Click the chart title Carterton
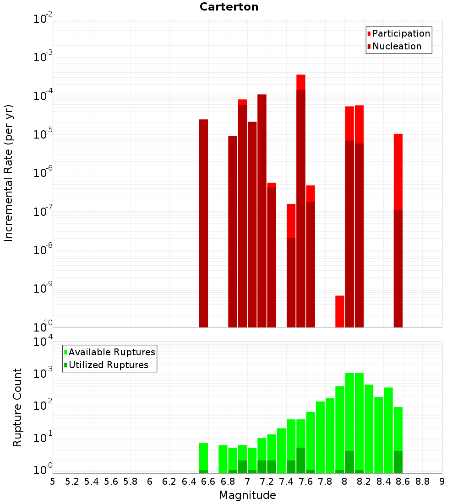pyautogui.click(x=229, y=7)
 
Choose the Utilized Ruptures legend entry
pyautogui.click(x=108, y=365)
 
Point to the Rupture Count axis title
pyautogui.click(x=17, y=407)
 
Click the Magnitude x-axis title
pyautogui.click(x=247, y=495)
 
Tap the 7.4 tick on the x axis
pyautogui.click(x=286, y=481)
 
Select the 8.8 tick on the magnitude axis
pyautogui.click(x=422, y=481)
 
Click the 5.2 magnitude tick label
pyautogui.click(x=72, y=481)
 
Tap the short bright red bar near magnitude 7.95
pyautogui.click(x=339, y=311)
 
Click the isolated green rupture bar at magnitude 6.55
pyautogui.click(x=203, y=458)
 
